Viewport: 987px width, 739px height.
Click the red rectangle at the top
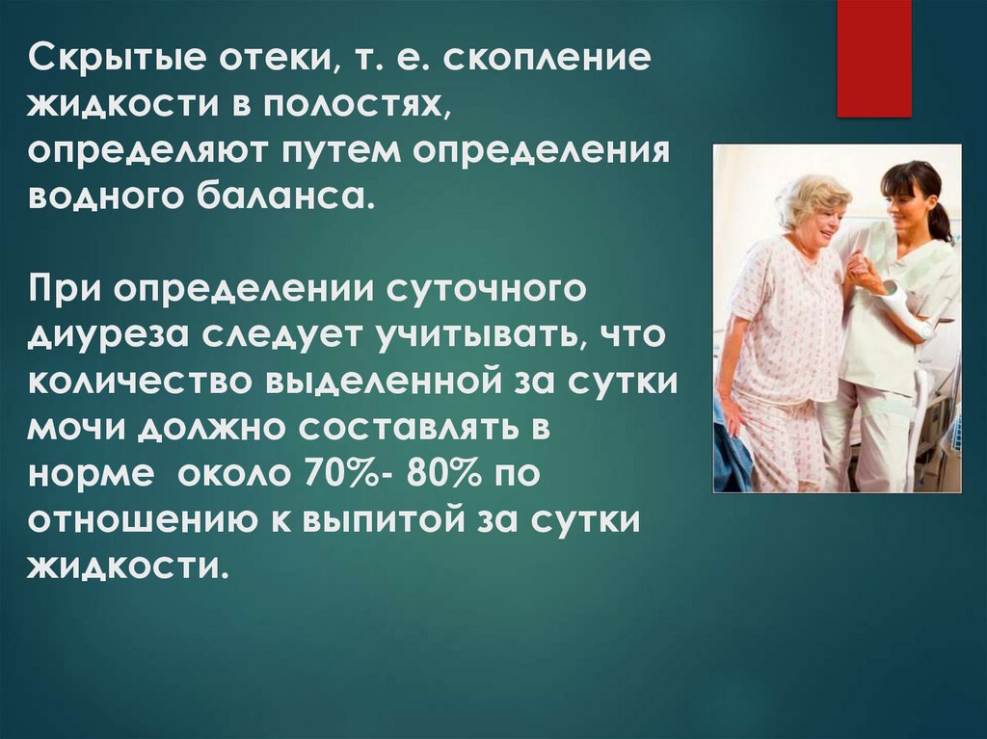(873, 58)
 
